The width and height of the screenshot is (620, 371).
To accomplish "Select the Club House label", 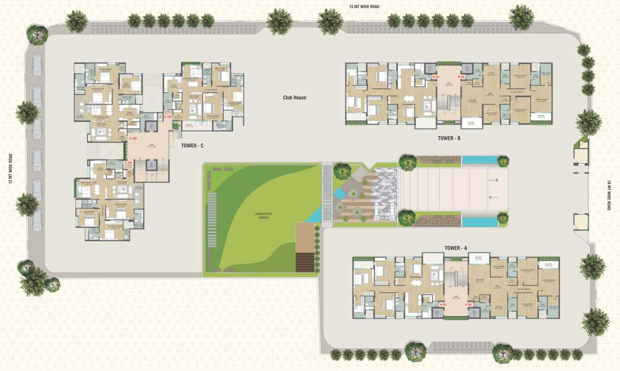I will (294, 98).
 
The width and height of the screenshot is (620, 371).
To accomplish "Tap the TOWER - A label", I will (456, 248).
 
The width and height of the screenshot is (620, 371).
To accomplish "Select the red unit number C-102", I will (133, 139).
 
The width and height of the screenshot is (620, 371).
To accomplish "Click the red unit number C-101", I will (129, 163).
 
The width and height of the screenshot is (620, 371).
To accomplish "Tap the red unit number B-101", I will (435, 77).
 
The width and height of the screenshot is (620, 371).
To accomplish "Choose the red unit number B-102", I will (461, 77).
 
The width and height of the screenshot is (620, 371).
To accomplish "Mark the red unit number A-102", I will (468, 305).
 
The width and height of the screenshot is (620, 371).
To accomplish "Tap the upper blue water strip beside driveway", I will (479, 160).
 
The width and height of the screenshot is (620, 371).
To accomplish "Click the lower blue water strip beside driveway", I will (479, 222).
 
